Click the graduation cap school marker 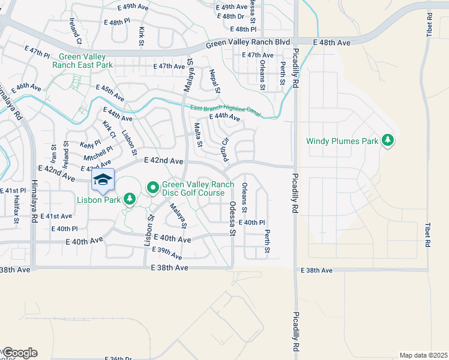(103, 180)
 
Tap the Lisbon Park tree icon (130, 199)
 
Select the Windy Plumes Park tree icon (388, 140)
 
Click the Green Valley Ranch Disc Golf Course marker (152, 188)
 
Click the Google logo (19, 353)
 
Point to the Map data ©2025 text (423, 355)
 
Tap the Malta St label (198, 134)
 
